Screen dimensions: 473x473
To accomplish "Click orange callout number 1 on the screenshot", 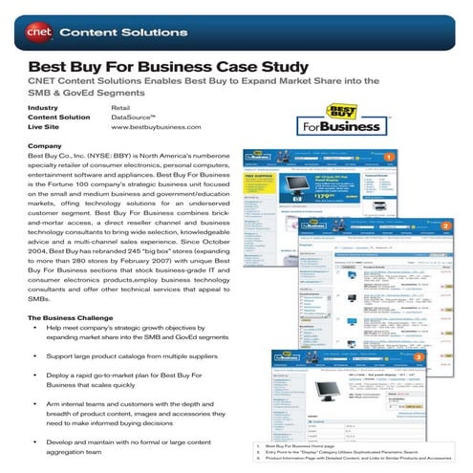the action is (x=388, y=156).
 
